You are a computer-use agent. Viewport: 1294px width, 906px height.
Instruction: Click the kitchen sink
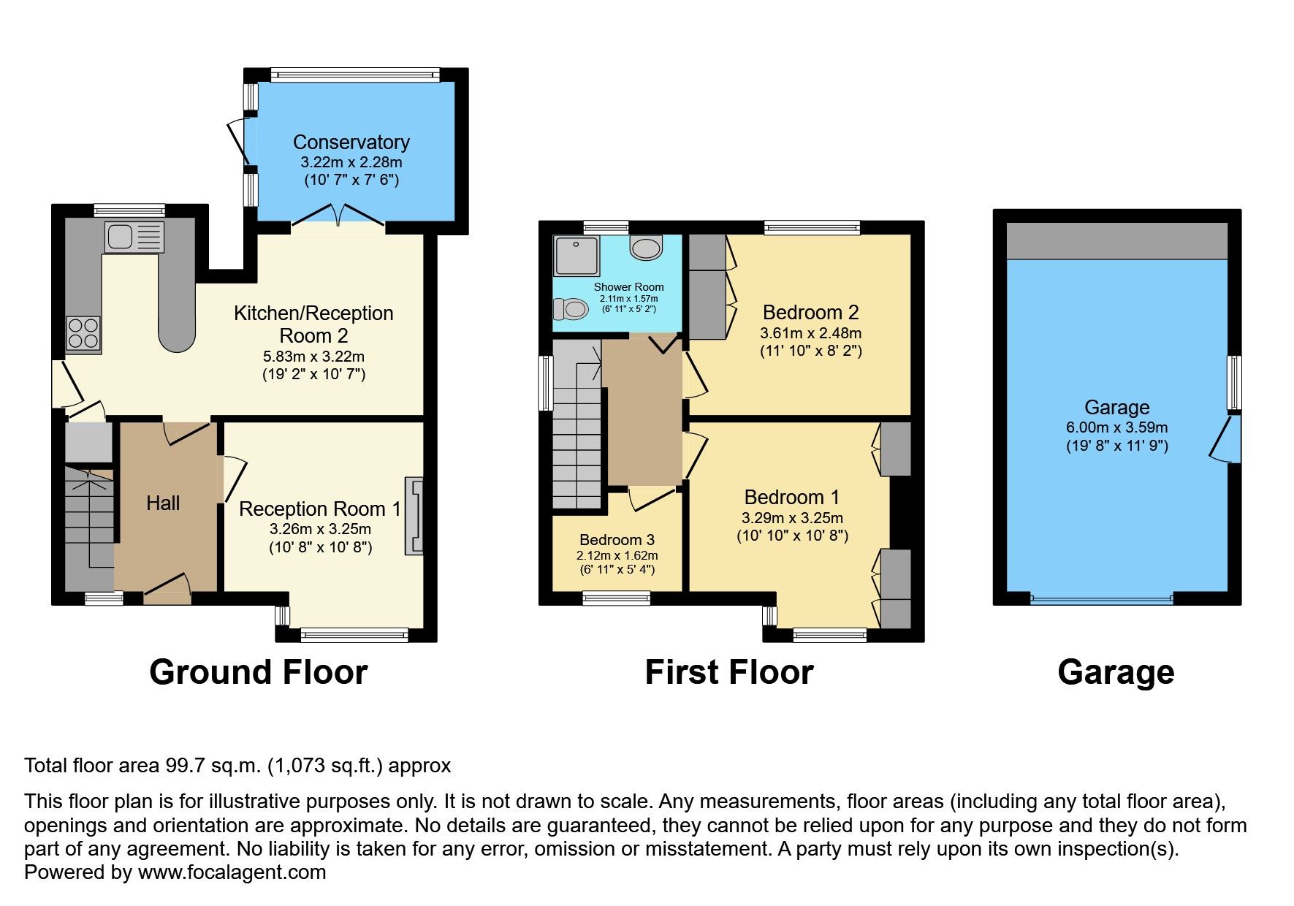pos(134,237)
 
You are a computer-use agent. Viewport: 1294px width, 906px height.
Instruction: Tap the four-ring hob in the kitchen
pos(83,333)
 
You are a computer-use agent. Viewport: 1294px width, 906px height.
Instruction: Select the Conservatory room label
pos(351,142)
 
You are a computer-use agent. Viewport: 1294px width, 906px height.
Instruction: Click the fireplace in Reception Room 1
pos(414,516)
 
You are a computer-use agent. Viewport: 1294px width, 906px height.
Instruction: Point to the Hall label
pos(163,503)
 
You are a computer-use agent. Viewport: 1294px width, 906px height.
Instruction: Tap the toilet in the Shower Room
pos(571,310)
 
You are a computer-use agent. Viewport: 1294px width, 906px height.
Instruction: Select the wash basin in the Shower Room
pos(646,248)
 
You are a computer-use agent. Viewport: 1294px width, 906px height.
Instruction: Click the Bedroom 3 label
pos(617,539)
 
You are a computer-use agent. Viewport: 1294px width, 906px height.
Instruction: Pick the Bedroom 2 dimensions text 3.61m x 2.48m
pos(811,333)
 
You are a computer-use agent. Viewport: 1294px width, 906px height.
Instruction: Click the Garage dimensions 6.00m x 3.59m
pos(1117,427)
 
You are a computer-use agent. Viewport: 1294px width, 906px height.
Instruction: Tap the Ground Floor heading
pos(259,672)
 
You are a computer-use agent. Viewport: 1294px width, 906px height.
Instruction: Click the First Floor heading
pos(729,672)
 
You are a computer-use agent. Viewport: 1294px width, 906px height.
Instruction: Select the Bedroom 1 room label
pos(792,498)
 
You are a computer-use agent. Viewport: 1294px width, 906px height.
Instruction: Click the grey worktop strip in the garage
pos(1117,241)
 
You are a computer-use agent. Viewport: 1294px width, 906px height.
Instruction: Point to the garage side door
pos(1226,438)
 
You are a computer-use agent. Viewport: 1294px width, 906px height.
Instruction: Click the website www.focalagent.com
pos(232,872)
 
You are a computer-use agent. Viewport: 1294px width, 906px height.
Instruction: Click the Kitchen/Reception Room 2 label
pos(313,324)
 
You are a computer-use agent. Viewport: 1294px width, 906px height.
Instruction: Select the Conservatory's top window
pos(355,75)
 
